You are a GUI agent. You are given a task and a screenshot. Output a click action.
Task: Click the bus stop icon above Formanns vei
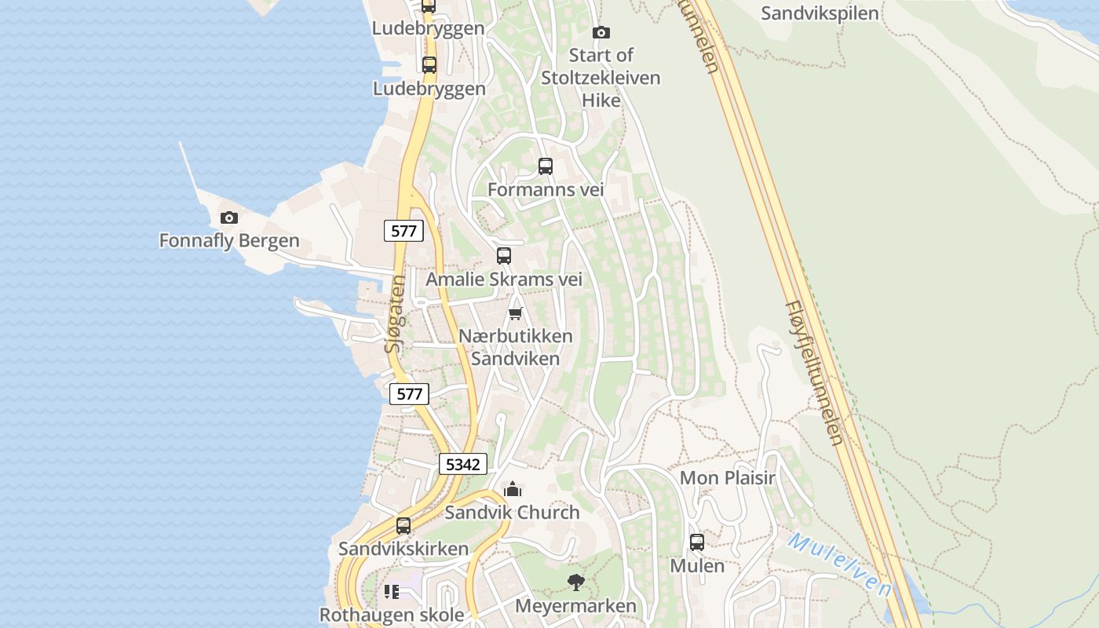pos(545,166)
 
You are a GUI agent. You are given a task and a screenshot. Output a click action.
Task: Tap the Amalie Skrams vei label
pos(504,279)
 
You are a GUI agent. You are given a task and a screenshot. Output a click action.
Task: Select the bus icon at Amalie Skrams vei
pos(504,256)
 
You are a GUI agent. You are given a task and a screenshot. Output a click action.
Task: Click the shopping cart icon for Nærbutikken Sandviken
pos(516,314)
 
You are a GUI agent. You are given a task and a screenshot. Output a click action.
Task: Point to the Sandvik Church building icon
pos(513,490)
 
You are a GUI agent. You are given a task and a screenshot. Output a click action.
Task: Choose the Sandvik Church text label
pos(512,513)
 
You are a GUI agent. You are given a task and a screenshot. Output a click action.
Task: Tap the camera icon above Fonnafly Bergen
pos(229,217)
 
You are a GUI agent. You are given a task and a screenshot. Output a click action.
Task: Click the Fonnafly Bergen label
pos(229,241)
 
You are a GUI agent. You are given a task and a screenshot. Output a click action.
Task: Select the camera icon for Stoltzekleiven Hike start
pos(601,32)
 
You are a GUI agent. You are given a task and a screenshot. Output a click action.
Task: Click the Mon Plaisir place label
pos(727,478)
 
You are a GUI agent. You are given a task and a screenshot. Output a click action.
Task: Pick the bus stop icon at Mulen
pos(697,542)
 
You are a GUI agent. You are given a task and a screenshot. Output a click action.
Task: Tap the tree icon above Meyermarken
pos(576,582)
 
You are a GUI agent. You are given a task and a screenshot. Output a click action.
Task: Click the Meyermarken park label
pos(575,606)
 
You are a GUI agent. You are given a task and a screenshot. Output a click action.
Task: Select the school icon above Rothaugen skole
pos(391,591)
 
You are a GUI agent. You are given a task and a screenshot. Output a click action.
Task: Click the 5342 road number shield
pos(462,464)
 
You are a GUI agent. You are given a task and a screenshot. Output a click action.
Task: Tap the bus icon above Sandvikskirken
pos(403,525)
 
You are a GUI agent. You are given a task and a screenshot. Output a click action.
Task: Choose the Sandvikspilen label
pos(820,13)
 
